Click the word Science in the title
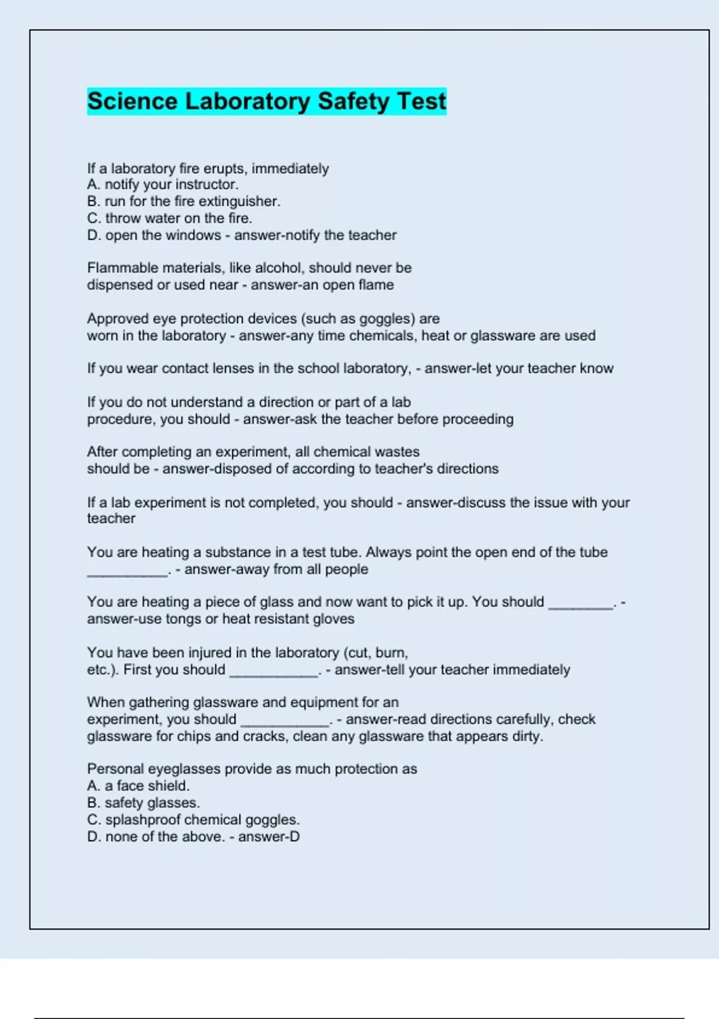tap(132, 101)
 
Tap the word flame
tap(376, 285)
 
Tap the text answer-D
tap(269, 836)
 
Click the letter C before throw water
tap(93, 218)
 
